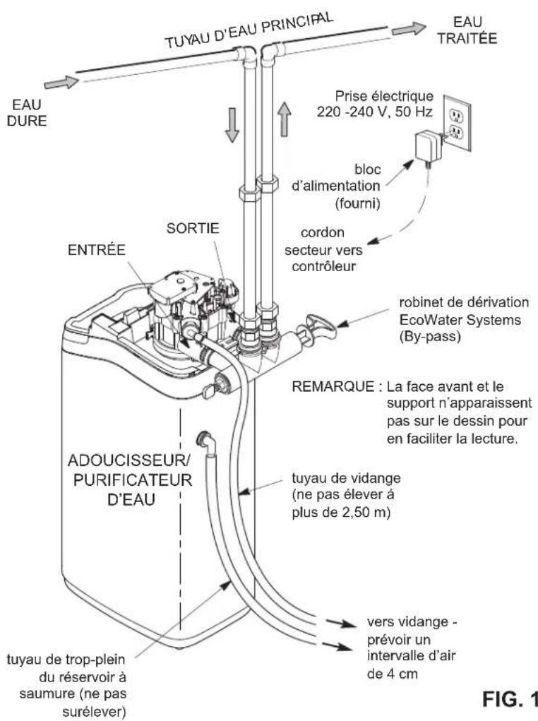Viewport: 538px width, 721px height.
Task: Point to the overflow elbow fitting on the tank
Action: (x=208, y=439)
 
